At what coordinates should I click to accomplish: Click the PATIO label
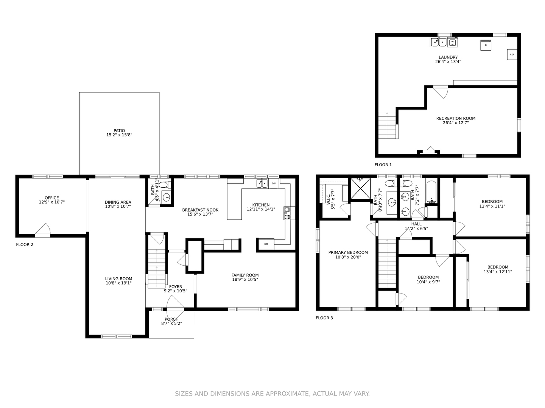119,131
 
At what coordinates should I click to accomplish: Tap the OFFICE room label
52,198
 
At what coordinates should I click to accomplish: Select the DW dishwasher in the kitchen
274,184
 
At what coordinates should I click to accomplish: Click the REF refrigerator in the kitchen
266,244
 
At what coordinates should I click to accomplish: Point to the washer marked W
452,42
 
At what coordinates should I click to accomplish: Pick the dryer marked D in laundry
486,45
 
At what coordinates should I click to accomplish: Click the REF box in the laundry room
512,54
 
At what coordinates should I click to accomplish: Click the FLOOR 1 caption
383,165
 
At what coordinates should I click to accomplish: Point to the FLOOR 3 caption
324,318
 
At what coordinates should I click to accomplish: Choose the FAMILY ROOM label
245,275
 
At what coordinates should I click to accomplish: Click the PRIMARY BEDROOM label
348,252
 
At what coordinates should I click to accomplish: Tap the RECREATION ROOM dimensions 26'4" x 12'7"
456,123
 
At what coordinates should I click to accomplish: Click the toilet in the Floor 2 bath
164,185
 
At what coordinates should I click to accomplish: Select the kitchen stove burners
287,213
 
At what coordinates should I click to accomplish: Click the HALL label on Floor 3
416,224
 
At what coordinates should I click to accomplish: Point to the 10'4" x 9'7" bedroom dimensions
428,282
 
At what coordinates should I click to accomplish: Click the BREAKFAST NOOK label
200,210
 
